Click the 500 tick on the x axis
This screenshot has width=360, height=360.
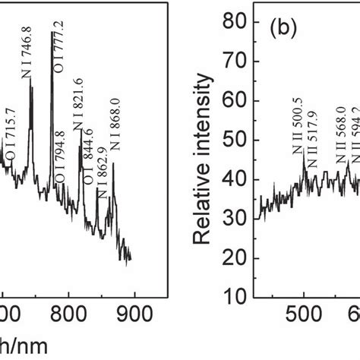pyautogui.click(x=304, y=313)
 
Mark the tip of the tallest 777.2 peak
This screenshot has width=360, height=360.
pyautogui.click(x=52, y=32)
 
